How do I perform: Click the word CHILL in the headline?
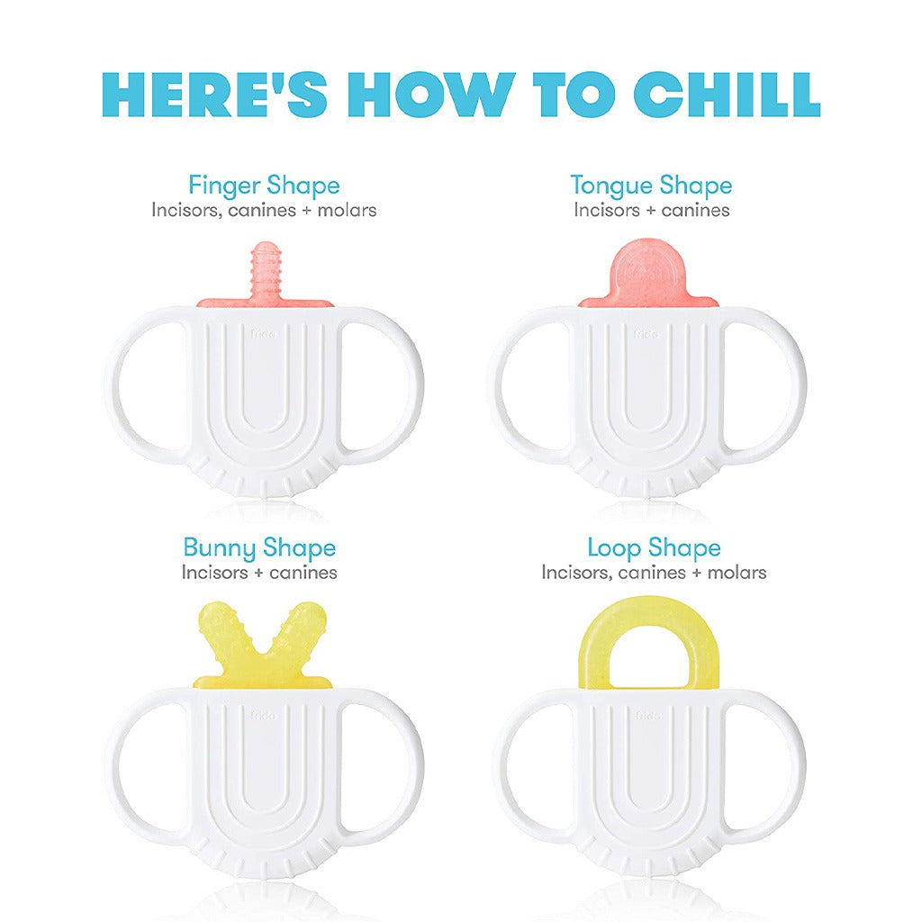click(x=727, y=95)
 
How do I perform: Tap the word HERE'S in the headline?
click(x=214, y=95)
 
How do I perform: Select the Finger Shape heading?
click(x=264, y=185)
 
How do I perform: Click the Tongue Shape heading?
click(x=652, y=185)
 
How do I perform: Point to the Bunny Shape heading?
click(x=259, y=548)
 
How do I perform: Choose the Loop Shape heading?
click(x=654, y=548)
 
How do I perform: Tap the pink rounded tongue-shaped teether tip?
click(x=648, y=270)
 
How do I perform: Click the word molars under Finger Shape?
click(x=347, y=211)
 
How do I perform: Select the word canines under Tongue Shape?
click(x=695, y=211)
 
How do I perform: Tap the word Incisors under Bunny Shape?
click(x=214, y=573)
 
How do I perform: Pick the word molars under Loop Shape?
click(x=737, y=573)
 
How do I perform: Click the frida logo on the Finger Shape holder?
click(x=264, y=335)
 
